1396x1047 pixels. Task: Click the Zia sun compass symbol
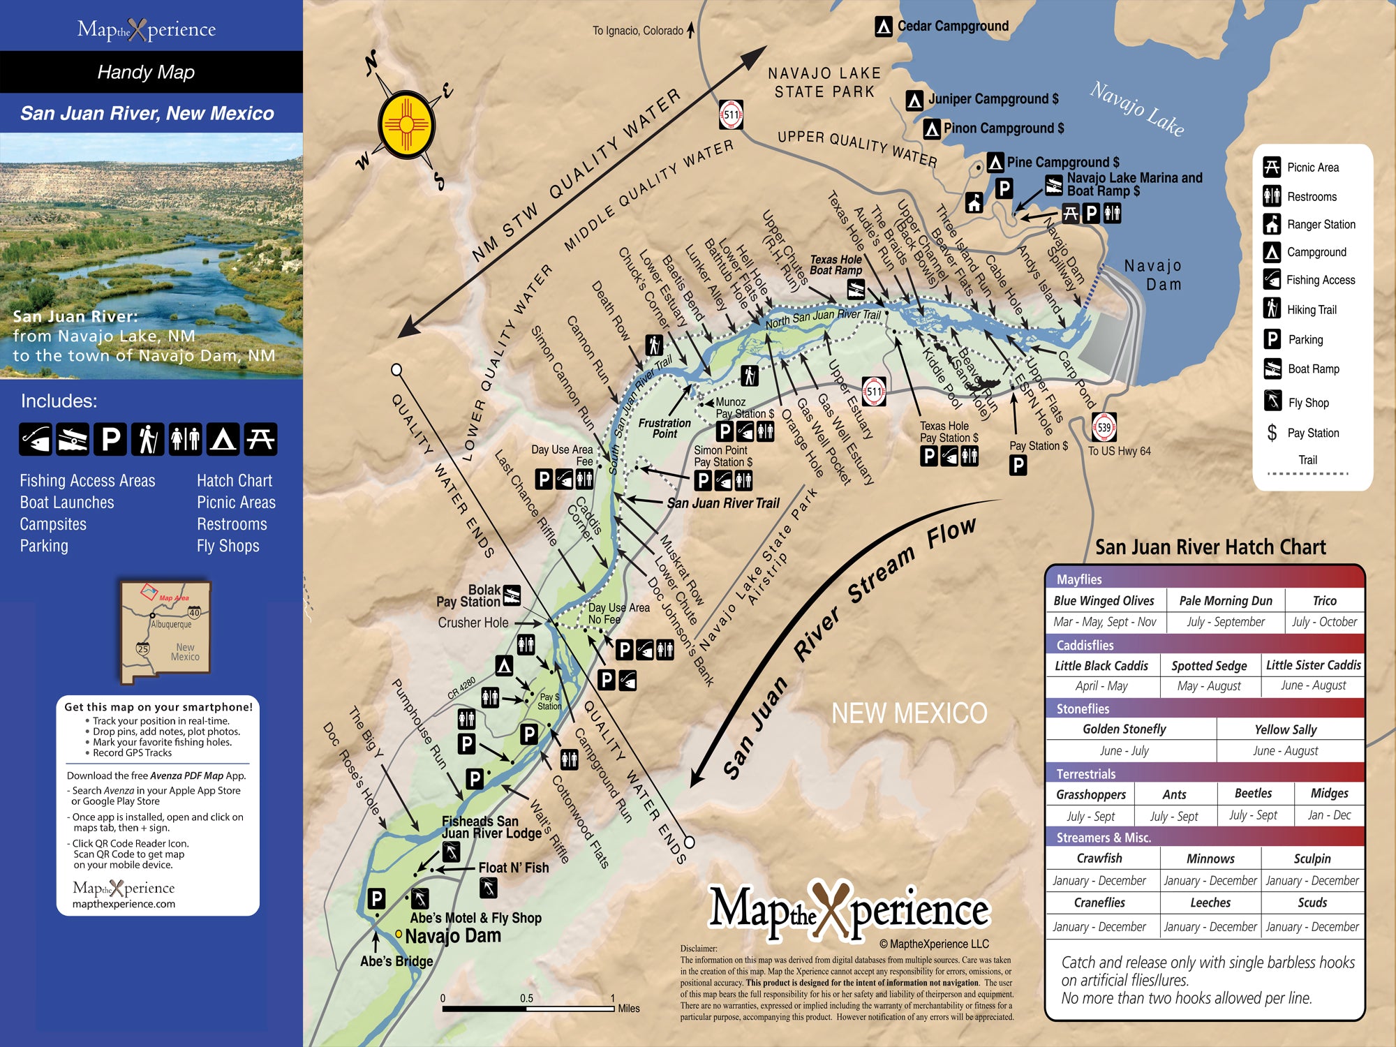(x=406, y=126)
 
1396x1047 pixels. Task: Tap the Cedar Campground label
(x=952, y=27)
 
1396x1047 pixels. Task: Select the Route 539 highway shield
(x=1104, y=427)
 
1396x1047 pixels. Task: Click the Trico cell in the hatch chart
(x=1324, y=601)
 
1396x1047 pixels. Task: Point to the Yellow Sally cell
(x=1285, y=729)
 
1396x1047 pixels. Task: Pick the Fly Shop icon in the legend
(x=1272, y=401)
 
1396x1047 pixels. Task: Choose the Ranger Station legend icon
(x=1272, y=224)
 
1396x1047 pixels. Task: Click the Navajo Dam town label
(x=453, y=936)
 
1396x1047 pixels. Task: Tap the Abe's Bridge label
(x=396, y=961)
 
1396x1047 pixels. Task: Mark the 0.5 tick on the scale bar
(x=527, y=998)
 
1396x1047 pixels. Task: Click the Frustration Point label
(x=664, y=428)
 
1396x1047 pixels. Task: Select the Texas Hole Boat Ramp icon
(x=856, y=288)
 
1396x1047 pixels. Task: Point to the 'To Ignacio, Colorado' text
(x=637, y=31)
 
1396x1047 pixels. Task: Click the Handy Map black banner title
(x=146, y=72)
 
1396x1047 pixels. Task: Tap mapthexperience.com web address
(x=124, y=904)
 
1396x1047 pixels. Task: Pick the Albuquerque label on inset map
(x=171, y=624)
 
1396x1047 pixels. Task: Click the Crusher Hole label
(x=473, y=623)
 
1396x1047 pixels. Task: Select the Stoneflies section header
(x=1083, y=708)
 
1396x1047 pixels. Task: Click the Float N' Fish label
(x=513, y=868)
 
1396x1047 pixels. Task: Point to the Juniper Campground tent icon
(x=914, y=101)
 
